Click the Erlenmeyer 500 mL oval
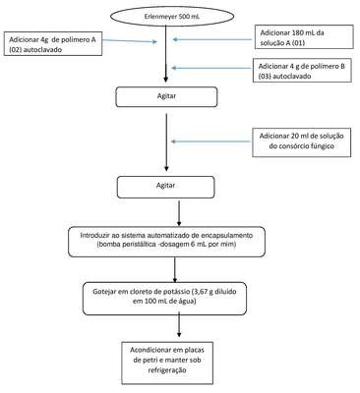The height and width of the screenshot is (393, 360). [172, 15]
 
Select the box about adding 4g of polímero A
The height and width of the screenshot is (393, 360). [53, 43]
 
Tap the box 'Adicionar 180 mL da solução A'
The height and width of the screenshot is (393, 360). [304, 37]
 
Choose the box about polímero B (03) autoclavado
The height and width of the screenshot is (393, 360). [302, 71]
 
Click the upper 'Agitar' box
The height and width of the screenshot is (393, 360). [166, 96]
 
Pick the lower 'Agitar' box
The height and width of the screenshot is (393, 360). [166, 187]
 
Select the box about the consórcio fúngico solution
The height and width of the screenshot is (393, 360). [302, 142]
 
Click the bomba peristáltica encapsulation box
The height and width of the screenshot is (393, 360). [166, 242]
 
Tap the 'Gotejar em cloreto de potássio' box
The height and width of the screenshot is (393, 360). [164, 299]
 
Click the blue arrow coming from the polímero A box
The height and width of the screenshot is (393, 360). [130, 41]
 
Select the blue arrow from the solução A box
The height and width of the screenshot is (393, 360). [213, 39]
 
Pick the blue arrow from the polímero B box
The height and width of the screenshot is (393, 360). [211, 68]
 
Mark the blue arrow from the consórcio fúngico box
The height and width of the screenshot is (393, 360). [211, 141]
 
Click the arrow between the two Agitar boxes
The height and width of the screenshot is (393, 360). [166, 142]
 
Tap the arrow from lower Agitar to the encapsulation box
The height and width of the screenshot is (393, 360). [178, 213]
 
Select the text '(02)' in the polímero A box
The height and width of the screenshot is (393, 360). [16, 50]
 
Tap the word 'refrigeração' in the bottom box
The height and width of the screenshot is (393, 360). [167, 370]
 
